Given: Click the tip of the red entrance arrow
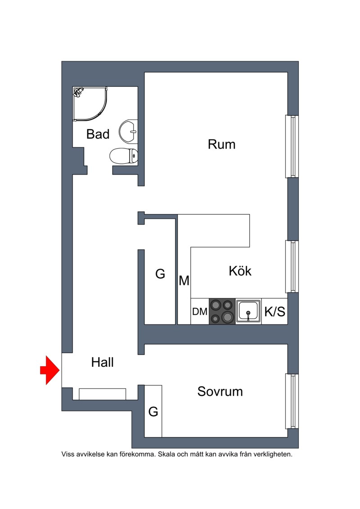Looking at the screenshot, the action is pos(60,370).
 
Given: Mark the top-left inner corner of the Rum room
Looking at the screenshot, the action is pos(144,72).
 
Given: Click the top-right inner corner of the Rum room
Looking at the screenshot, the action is pos(288,72).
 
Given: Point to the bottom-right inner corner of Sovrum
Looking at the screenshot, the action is pos(288,437).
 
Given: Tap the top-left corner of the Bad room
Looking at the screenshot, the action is pos(73,87).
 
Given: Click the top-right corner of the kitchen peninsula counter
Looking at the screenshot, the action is pos(250,214).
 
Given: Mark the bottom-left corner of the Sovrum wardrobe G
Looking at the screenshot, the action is pos(144,437).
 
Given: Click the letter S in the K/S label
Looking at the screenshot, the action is pos(281,311).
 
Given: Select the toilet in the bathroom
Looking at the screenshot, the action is pos(124,156).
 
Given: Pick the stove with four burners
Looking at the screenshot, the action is pos(222,311).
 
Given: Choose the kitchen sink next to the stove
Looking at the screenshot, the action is pos(248,311).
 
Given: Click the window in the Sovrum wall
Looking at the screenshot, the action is pos(292,401).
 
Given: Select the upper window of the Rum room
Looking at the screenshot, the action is pos(292,146).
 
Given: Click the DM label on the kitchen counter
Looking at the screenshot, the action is pos(200,311).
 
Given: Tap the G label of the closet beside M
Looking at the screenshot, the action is pos(160,274).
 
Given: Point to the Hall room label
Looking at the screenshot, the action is pos(102,362).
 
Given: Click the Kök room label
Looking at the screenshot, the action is pos(240,271).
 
